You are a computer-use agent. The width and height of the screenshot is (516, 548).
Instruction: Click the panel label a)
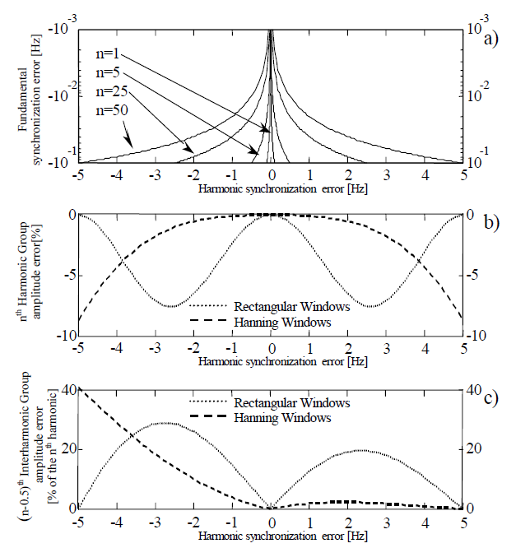[x=492, y=37]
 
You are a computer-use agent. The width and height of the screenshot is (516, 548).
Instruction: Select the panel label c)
[x=492, y=399]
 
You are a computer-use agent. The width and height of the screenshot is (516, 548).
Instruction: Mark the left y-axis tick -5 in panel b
[x=71, y=276]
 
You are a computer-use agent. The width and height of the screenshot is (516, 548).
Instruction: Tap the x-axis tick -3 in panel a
[x=155, y=175]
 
